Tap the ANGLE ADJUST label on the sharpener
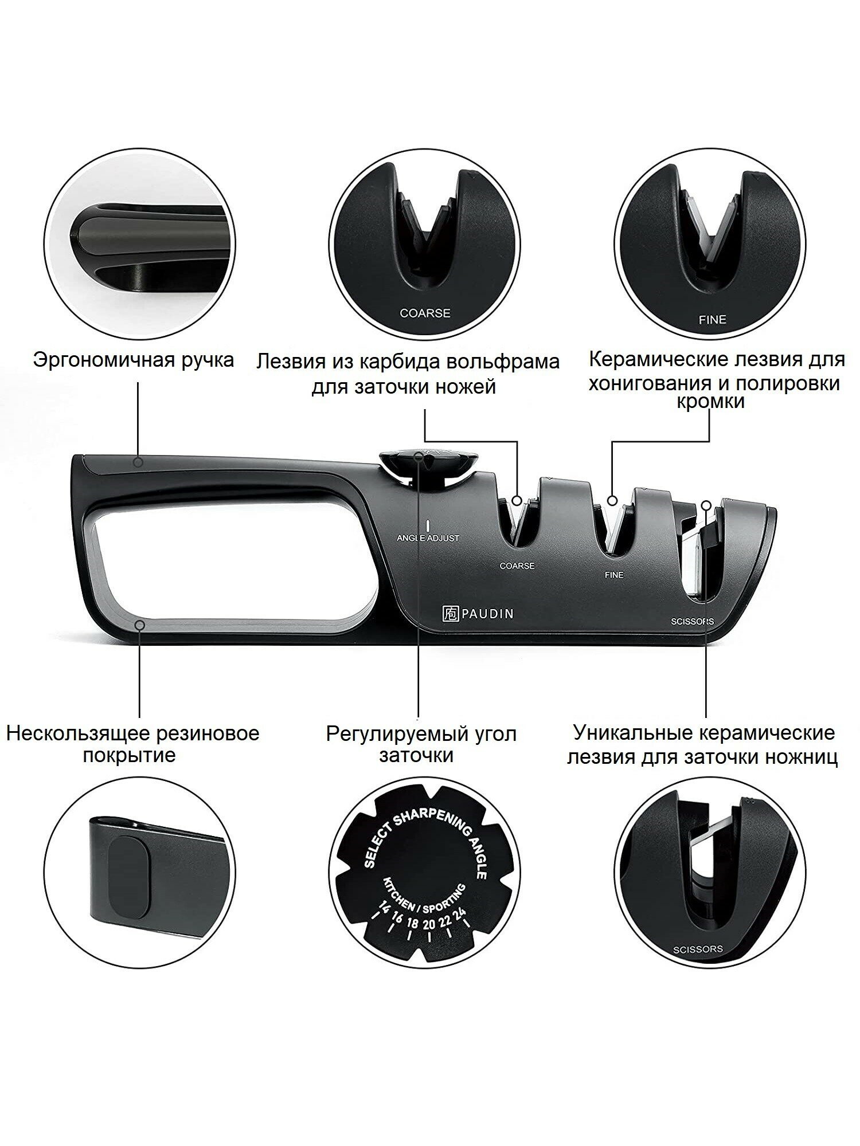point(428,539)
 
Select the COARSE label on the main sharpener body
point(517,566)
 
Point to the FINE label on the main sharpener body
point(613,574)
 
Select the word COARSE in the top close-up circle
point(425,313)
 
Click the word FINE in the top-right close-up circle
point(712,320)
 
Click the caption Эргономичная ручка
point(134,360)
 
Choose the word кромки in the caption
point(710,402)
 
